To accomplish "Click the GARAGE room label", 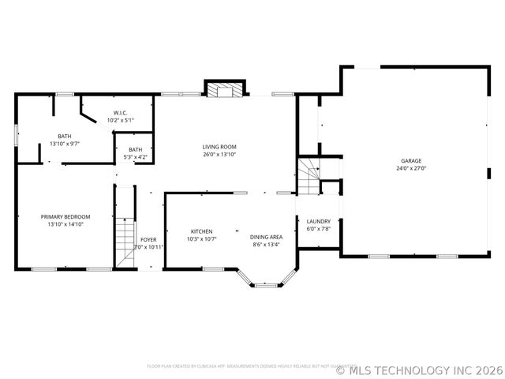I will click(410, 161).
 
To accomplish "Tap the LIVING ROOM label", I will click(219, 147).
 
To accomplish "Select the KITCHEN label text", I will click(202, 231).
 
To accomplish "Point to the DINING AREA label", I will click(266, 237).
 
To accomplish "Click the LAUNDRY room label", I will click(318, 221).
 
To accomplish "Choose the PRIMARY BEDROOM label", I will click(65, 216).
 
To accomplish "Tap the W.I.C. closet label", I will click(120, 113).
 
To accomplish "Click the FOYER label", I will click(148, 239).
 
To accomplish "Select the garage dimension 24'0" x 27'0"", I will click(410, 168).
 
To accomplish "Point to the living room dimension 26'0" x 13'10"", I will click(219, 154).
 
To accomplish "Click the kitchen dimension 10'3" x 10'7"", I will click(202, 238).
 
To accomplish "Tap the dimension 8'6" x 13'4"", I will click(266, 244).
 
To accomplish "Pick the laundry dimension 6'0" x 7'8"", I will click(318, 229).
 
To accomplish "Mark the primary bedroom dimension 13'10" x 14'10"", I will click(65, 223).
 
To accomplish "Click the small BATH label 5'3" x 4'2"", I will click(136, 150).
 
